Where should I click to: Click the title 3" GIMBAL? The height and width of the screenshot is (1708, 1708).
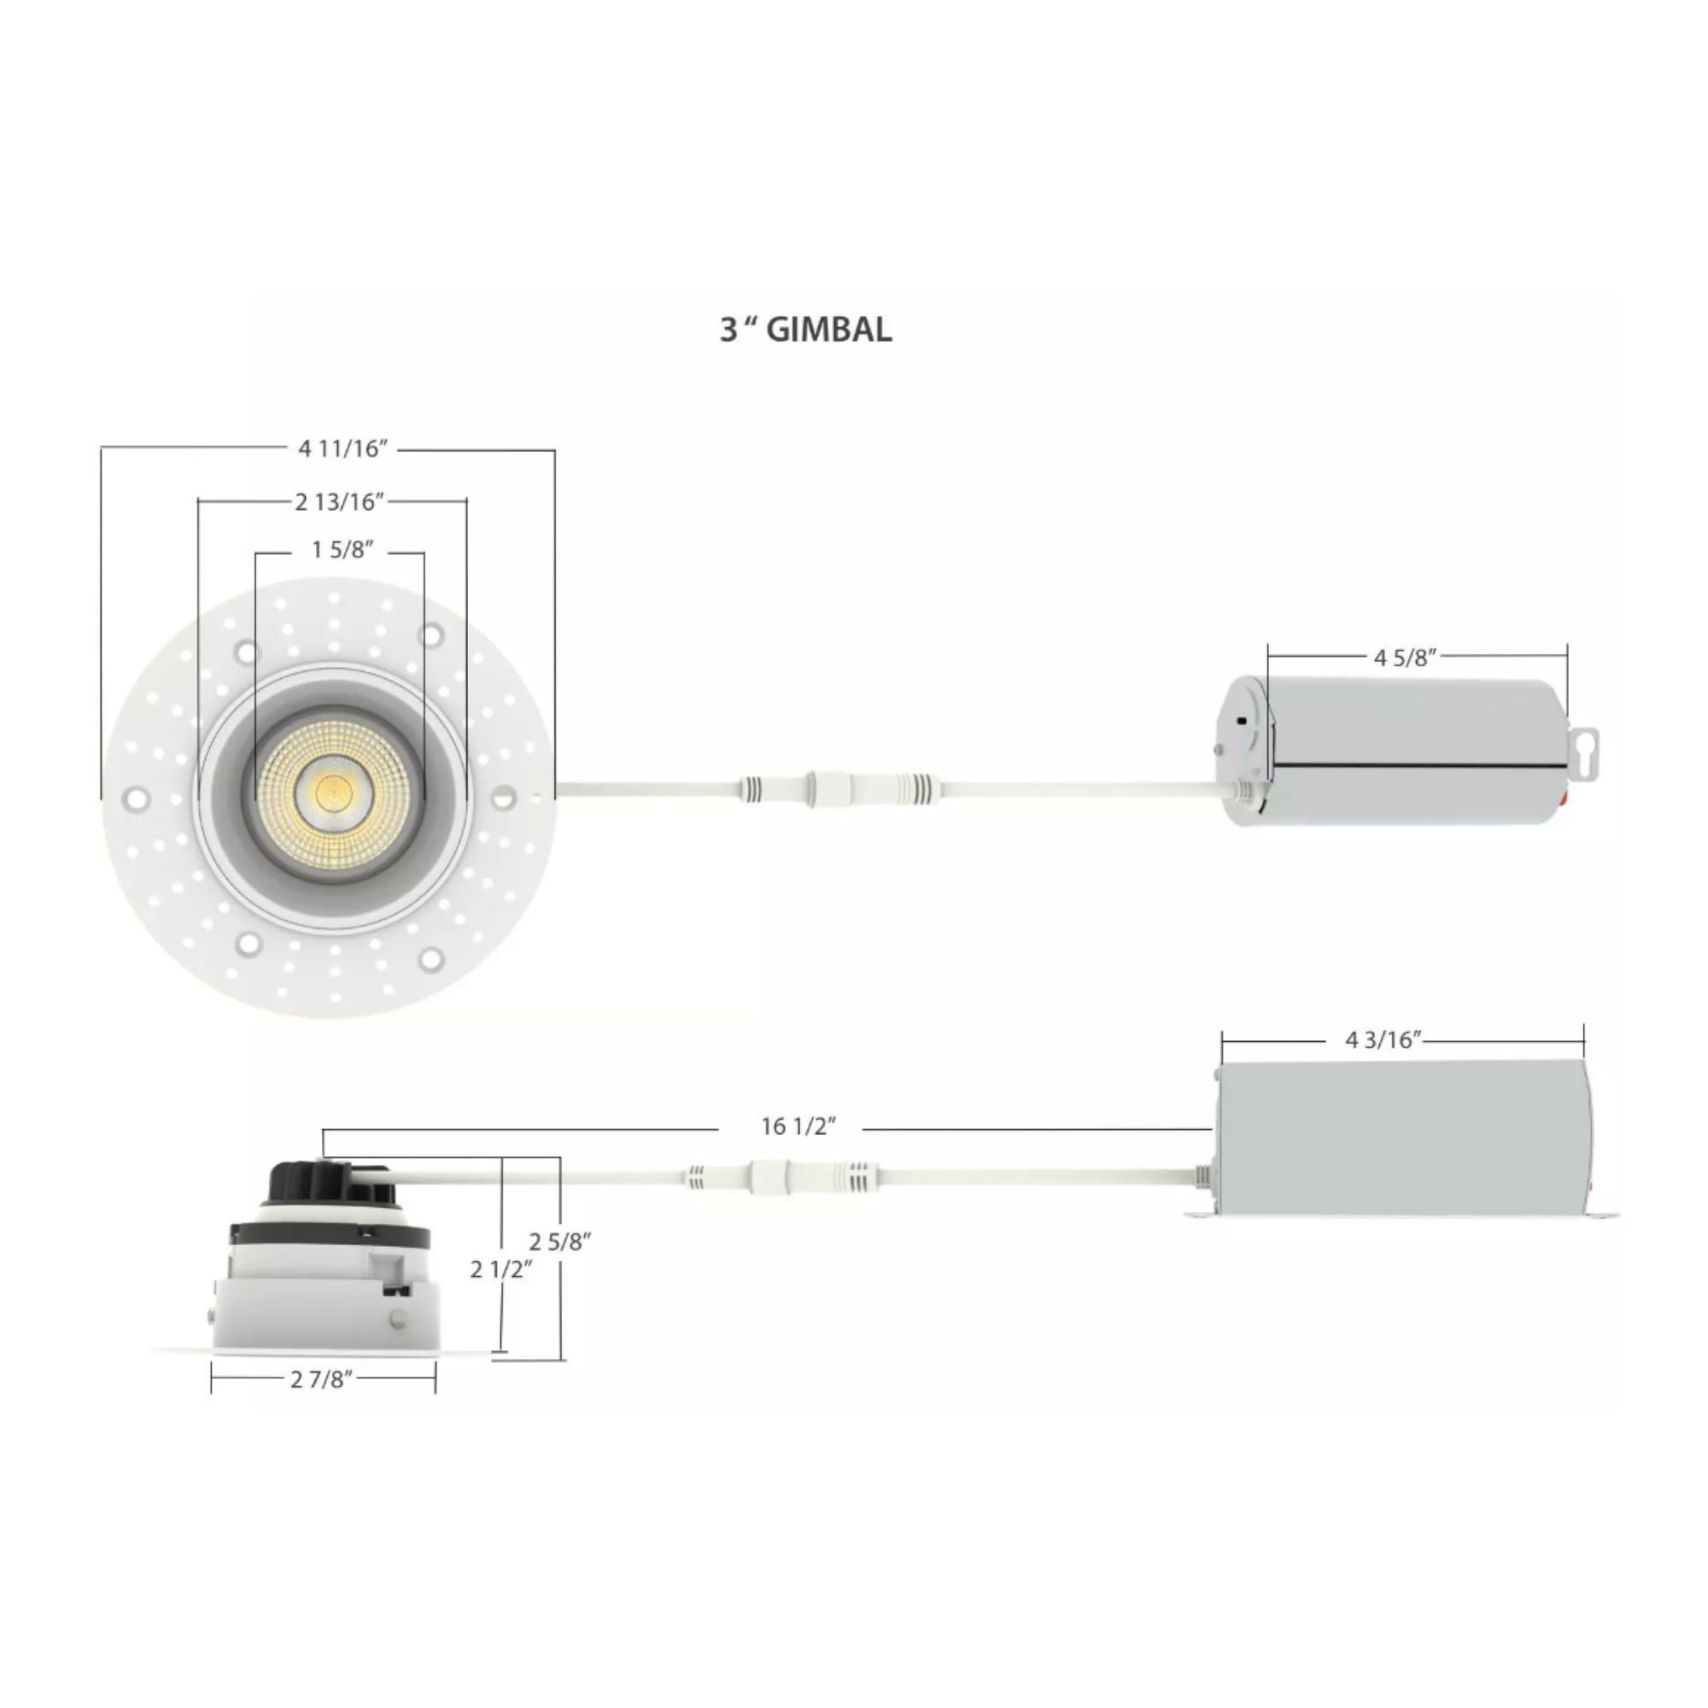pos(805,330)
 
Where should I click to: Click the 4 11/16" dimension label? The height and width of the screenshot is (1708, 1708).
pos(343,449)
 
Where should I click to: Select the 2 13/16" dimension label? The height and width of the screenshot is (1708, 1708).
pos(341,502)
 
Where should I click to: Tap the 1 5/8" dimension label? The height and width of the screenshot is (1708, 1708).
pos(342,550)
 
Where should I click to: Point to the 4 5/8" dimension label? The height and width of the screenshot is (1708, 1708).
pos(1405,657)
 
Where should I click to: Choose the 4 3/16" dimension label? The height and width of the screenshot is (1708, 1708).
pos(1383,1040)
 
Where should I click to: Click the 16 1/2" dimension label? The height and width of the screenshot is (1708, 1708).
pos(798,1126)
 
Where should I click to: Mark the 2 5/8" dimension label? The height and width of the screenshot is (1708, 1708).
pos(560,1241)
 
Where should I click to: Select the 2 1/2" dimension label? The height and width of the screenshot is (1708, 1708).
pos(501,1270)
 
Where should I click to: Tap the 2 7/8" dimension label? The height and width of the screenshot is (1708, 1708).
pos(322,1379)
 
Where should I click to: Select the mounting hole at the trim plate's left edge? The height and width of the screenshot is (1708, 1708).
pos(135,799)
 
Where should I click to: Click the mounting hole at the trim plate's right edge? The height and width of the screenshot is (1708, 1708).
pos(502,797)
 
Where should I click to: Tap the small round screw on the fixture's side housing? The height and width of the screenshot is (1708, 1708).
pos(399,1320)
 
